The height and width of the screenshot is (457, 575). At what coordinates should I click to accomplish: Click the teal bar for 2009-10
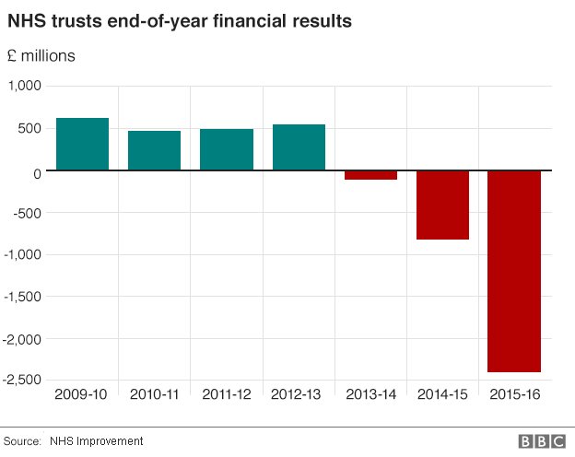pyautogui.click(x=82, y=144)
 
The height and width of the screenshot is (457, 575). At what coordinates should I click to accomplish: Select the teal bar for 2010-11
pyautogui.click(x=154, y=150)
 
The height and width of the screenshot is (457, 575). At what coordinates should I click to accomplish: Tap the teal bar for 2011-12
pyautogui.click(x=227, y=149)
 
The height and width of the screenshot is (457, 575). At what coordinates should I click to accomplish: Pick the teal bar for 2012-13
pyautogui.click(x=299, y=147)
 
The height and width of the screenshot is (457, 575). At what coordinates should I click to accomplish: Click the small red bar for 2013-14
pyautogui.click(x=370, y=175)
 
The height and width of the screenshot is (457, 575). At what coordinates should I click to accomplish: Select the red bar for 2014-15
pyautogui.click(x=442, y=205)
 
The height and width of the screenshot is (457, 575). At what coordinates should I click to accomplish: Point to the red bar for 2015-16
pyautogui.click(x=514, y=271)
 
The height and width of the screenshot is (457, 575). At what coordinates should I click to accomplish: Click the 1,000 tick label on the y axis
pyautogui.click(x=26, y=86)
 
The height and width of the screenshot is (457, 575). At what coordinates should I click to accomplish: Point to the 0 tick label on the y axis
pyautogui.click(x=38, y=171)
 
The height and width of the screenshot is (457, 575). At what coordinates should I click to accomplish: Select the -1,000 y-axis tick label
pyautogui.click(x=23, y=255)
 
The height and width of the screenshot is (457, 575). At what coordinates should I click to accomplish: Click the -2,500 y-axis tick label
pyautogui.click(x=23, y=380)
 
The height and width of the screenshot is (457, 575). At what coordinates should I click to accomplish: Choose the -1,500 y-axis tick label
pyautogui.click(x=23, y=297)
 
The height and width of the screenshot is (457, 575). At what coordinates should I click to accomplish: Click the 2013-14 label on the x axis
pyautogui.click(x=370, y=394)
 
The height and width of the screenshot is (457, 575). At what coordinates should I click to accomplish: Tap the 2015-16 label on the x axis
pyautogui.click(x=514, y=394)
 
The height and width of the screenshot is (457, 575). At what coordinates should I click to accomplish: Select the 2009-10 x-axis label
pyautogui.click(x=82, y=394)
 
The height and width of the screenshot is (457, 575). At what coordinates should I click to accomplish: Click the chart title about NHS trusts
pyautogui.click(x=179, y=20)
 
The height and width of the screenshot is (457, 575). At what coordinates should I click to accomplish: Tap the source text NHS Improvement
pyautogui.click(x=97, y=441)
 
